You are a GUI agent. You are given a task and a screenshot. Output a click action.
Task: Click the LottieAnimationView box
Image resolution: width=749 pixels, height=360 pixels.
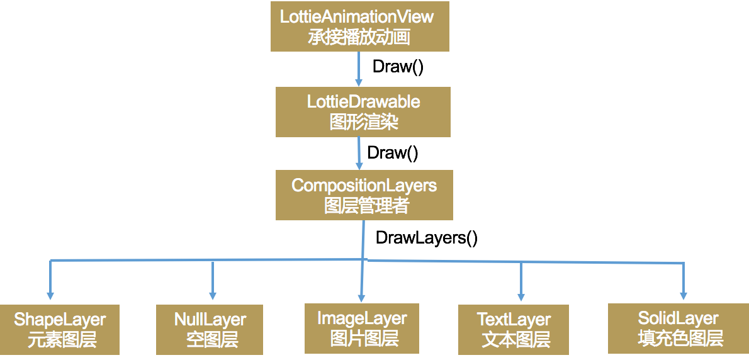[x=359, y=26]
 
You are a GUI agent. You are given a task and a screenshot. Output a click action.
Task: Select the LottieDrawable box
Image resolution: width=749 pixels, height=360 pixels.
[x=363, y=111]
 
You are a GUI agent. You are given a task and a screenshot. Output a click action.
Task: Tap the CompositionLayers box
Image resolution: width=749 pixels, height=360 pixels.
[x=364, y=194]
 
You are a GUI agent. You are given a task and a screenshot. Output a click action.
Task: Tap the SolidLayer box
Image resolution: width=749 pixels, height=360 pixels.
[x=679, y=328]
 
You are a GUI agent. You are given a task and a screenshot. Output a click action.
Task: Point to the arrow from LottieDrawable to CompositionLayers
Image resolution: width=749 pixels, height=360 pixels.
[x=359, y=153]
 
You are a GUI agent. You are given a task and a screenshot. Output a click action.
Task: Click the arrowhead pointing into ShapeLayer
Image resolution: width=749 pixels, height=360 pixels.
[x=50, y=295]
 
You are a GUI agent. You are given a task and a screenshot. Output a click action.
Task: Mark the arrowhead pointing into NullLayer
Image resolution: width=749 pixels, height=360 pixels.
[x=213, y=295]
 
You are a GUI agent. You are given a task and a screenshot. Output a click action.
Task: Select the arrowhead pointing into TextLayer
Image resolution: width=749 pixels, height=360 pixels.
[x=521, y=296]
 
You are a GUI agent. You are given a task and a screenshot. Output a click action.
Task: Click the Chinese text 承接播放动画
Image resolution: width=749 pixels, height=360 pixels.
[x=359, y=37]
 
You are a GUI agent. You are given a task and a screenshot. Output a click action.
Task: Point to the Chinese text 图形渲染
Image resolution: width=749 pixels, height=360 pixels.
[x=364, y=121]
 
